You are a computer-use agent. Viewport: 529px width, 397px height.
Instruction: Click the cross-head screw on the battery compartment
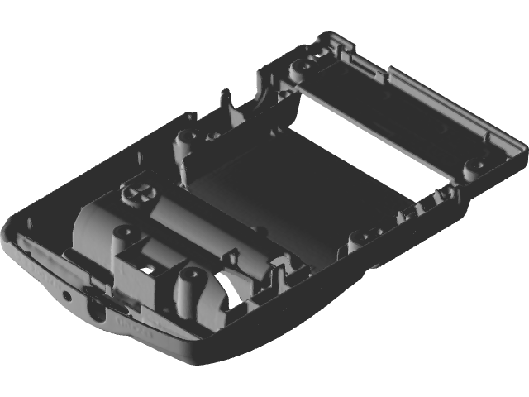tap(138, 195)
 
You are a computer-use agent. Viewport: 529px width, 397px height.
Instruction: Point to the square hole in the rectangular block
tap(150, 270)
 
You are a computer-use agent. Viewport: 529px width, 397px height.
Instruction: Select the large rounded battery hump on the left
tap(95, 223)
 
